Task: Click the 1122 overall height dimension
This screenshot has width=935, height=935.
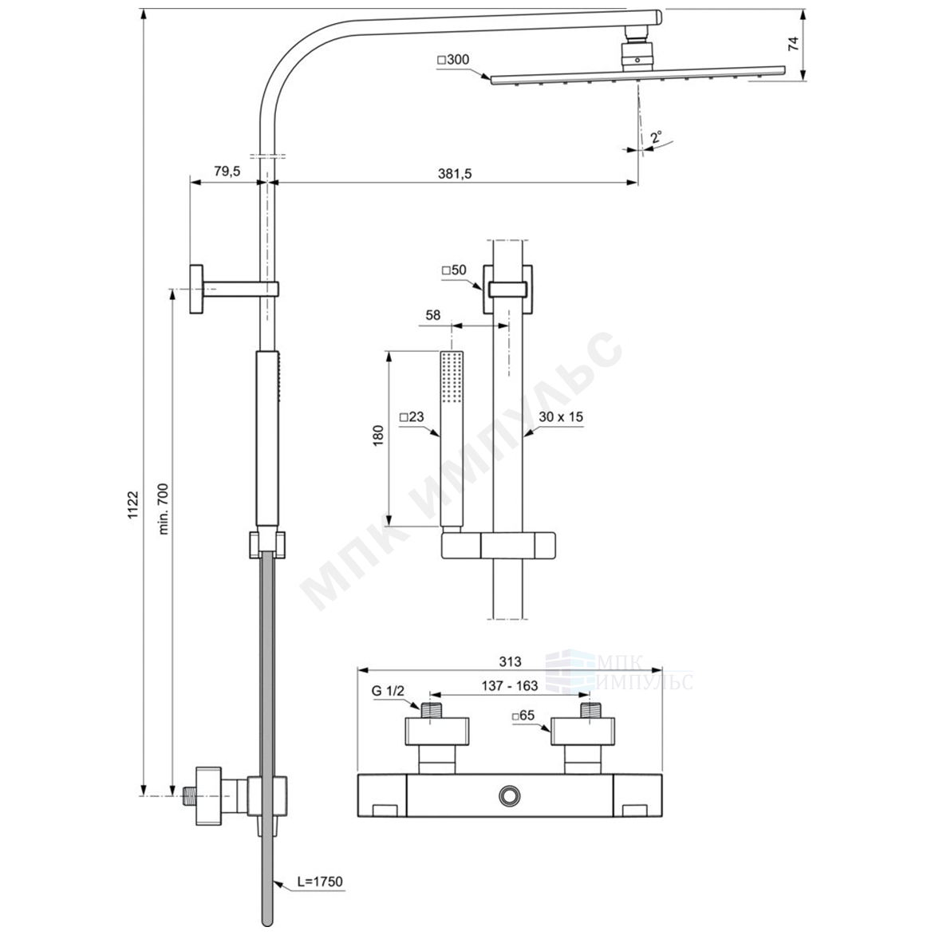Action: (133, 504)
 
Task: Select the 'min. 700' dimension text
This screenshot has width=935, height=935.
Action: (164, 508)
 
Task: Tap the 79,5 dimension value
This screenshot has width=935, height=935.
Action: (227, 172)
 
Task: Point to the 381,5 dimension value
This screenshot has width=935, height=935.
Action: (455, 174)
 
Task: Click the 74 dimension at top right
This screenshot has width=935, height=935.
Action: (793, 44)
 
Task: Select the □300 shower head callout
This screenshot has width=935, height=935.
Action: (453, 60)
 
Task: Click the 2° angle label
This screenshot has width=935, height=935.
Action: (657, 137)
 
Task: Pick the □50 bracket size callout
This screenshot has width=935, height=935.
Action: (454, 270)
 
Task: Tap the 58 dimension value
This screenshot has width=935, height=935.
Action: (433, 314)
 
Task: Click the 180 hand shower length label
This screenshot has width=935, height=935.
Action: (378, 436)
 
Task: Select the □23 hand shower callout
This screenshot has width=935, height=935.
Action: (412, 416)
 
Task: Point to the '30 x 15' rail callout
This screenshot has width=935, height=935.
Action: (561, 416)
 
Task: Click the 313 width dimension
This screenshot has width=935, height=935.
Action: (510, 661)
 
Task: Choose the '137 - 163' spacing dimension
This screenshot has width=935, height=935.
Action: (510, 686)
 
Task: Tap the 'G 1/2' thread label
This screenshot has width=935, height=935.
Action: (389, 691)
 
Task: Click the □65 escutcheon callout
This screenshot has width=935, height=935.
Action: (523, 716)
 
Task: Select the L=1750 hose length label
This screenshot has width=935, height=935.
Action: (320, 882)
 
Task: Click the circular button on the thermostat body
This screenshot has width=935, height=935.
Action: (509, 795)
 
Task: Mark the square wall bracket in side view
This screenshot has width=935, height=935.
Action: (197, 289)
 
